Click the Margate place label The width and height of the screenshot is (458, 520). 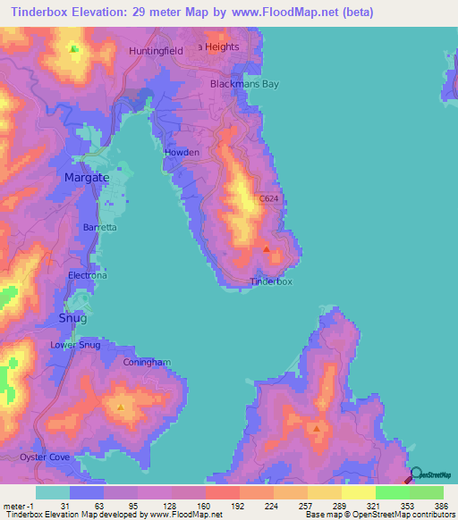(87, 178)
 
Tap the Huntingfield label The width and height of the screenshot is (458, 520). (156, 51)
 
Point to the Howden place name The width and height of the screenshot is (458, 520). (182, 153)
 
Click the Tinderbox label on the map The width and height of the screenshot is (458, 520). (270, 281)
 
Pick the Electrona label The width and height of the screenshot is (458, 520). (88, 276)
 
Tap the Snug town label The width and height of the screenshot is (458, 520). (73, 318)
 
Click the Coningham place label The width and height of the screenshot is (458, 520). (147, 363)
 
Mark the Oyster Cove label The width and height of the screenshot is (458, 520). (44, 457)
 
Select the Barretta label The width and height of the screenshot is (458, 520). (99, 228)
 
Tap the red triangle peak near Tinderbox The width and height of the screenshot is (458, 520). (267, 248)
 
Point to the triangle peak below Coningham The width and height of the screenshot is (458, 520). (121, 407)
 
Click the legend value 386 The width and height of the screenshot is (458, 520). (428, 505)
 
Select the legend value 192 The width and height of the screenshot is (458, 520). (222, 505)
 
